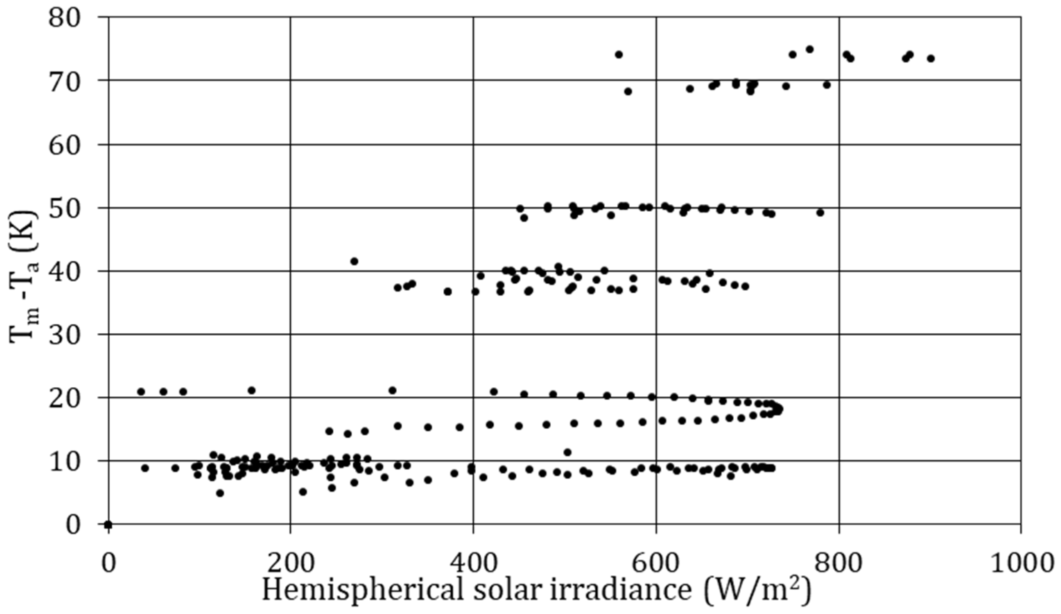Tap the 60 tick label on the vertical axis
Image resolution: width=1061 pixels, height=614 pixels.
click(x=64, y=144)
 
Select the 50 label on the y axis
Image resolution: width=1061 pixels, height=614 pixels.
click(x=64, y=208)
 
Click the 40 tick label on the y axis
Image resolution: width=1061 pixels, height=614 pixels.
click(x=64, y=271)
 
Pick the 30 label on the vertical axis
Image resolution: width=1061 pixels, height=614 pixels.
click(x=64, y=335)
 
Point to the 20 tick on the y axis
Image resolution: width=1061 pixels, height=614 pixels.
click(x=64, y=398)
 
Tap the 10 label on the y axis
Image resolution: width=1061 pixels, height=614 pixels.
click(x=64, y=461)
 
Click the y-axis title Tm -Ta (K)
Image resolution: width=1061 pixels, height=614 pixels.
click(x=24, y=278)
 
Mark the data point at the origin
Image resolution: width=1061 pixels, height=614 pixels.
click(x=108, y=524)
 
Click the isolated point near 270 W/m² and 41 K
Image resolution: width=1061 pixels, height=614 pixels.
click(x=354, y=262)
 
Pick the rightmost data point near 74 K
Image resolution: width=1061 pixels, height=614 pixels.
click(x=931, y=59)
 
